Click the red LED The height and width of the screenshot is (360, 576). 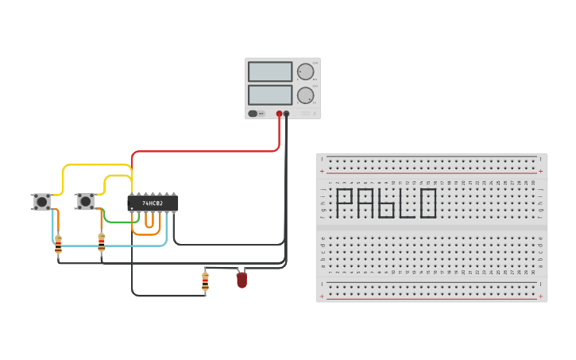click(x=242, y=280)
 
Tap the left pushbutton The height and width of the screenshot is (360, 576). click(x=41, y=202)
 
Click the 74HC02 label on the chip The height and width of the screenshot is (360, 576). click(x=153, y=203)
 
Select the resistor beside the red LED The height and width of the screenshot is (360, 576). click(x=205, y=281)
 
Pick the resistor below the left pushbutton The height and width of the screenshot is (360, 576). click(x=58, y=245)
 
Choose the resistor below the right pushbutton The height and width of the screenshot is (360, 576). click(x=101, y=242)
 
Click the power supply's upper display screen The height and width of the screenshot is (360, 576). click(x=270, y=72)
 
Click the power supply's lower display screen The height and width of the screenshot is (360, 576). click(x=270, y=95)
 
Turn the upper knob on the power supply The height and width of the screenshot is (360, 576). click(x=305, y=72)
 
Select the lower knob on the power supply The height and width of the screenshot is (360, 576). click(x=305, y=95)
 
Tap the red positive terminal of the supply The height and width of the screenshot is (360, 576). click(x=279, y=114)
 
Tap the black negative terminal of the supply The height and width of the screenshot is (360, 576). click(x=287, y=114)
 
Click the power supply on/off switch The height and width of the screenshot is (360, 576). click(x=253, y=114)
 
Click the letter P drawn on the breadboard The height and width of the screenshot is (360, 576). click(x=344, y=203)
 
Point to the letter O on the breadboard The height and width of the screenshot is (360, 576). click(x=428, y=203)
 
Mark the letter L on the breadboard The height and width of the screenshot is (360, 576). click(x=407, y=203)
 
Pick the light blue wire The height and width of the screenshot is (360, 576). click(x=111, y=246)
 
